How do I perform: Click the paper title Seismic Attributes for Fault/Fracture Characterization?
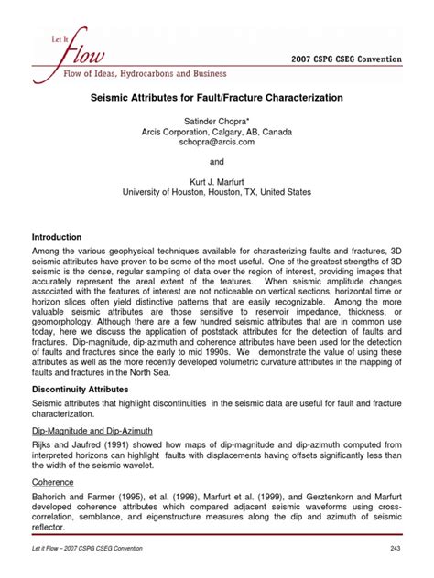216,96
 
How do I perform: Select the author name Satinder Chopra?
216,120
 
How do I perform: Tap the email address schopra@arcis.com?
216,144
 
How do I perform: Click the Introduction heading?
58,237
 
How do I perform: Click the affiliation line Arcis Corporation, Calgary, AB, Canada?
216,132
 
